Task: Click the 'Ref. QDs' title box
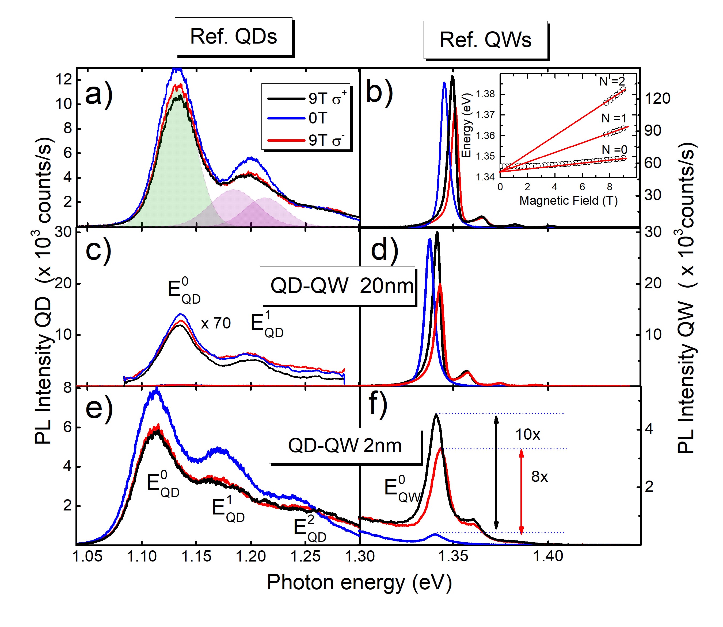click(x=234, y=36)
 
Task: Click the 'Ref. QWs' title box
click(x=485, y=40)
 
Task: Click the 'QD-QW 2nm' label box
click(x=345, y=446)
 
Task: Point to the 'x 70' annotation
click(x=216, y=323)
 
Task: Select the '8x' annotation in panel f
click(x=539, y=477)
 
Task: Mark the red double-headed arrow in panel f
click(x=521, y=491)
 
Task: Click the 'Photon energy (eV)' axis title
click(x=359, y=583)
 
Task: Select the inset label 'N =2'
click(x=612, y=82)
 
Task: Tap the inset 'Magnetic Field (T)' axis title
click(x=568, y=200)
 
